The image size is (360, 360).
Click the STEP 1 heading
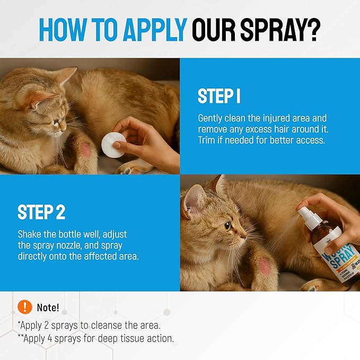click(x=219, y=96)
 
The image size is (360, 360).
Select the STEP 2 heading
click(x=41, y=212)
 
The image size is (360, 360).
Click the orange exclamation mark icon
click(x=24, y=307)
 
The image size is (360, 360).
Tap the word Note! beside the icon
click(x=48, y=308)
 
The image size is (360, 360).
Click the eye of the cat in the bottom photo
click(x=227, y=226)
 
